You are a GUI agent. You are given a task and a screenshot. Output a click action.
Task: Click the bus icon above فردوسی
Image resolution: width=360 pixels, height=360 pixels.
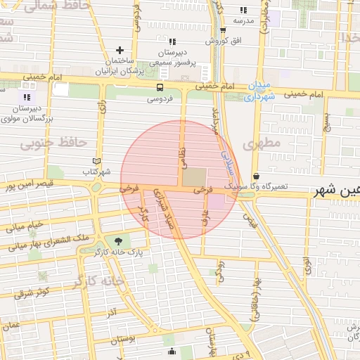160,88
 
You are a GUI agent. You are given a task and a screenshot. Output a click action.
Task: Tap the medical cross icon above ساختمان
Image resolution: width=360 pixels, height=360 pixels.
120,50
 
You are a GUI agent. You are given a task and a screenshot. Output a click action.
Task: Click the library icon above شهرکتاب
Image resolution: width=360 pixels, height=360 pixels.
96,161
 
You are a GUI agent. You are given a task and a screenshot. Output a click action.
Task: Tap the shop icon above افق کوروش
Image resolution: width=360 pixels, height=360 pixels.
223,30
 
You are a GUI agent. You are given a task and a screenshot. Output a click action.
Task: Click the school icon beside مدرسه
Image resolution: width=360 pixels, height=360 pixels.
243,10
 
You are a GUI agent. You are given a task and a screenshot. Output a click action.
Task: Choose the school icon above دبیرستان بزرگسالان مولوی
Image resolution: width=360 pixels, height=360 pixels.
27,97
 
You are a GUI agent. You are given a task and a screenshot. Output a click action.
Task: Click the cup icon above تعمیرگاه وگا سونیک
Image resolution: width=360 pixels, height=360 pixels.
255,175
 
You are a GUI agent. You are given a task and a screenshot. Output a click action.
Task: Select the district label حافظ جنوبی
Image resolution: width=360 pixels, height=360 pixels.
53,143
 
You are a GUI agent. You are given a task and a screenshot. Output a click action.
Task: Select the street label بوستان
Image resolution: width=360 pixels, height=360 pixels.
123,339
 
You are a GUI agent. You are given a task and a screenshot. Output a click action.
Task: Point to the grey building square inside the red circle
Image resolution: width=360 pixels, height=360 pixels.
195,176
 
